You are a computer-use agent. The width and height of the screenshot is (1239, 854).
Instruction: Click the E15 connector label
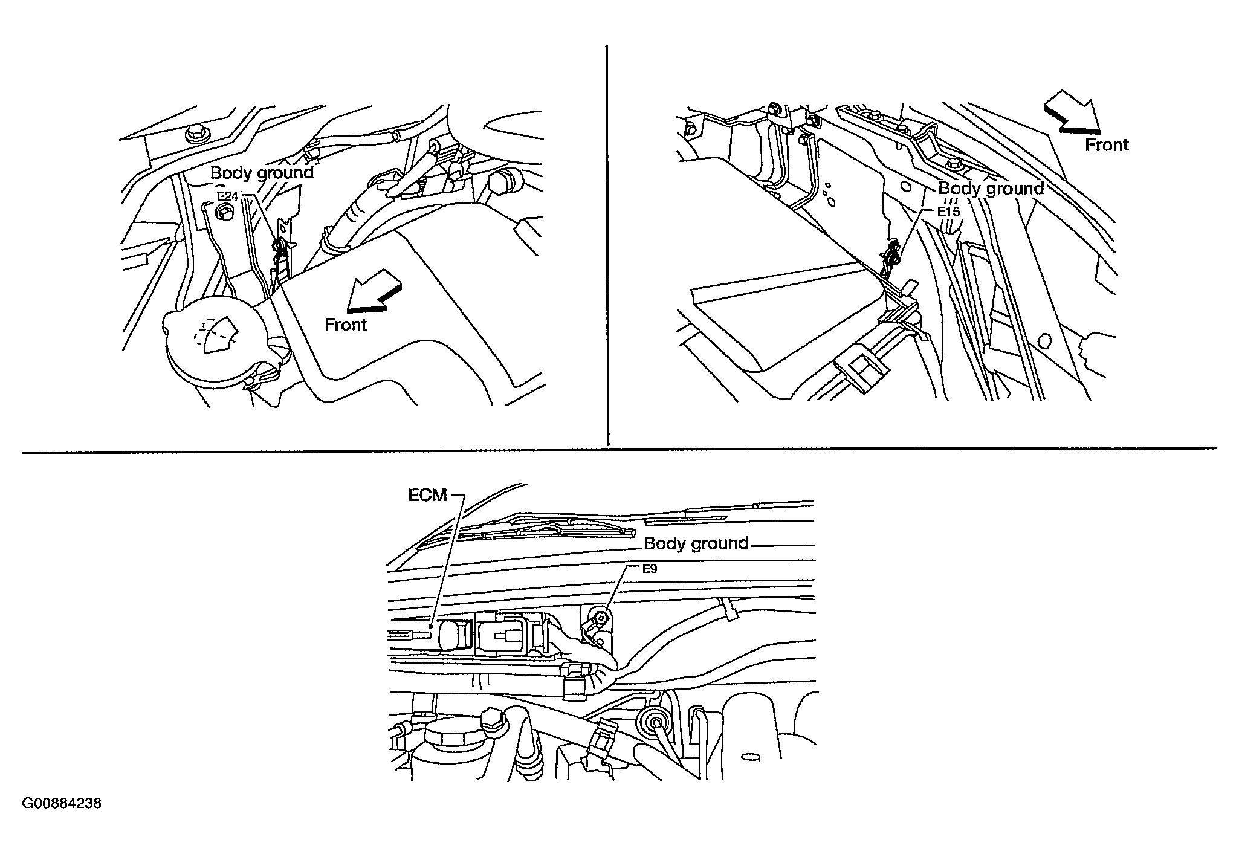pos(949,212)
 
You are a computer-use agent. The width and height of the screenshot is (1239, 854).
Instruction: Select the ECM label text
pos(427,496)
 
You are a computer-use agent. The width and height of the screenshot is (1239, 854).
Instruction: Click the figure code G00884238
pos(62,804)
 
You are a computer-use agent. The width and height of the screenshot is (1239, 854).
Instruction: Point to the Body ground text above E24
pos(262,173)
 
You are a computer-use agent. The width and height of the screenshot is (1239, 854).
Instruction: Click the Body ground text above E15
pos(991,189)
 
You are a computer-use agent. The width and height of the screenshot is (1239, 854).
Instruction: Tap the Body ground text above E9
pos(696,543)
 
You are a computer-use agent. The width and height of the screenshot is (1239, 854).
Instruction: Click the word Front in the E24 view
pos(346,325)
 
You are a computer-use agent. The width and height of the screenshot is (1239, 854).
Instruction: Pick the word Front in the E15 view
pos(1107,145)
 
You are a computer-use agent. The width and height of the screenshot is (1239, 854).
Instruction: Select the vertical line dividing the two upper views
pos(607,245)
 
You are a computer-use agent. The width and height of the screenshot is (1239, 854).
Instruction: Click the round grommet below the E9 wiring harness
pos(651,720)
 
